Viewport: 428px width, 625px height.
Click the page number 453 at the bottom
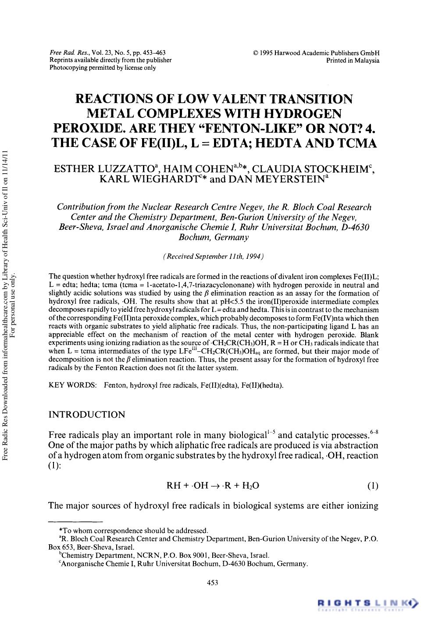pos(212,582)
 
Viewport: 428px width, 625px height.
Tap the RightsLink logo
pos(368,604)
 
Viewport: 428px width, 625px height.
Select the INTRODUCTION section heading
pos(87,414)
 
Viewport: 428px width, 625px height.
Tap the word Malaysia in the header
pos(367,61)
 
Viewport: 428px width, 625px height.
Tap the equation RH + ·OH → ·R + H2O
pos(213,486)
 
